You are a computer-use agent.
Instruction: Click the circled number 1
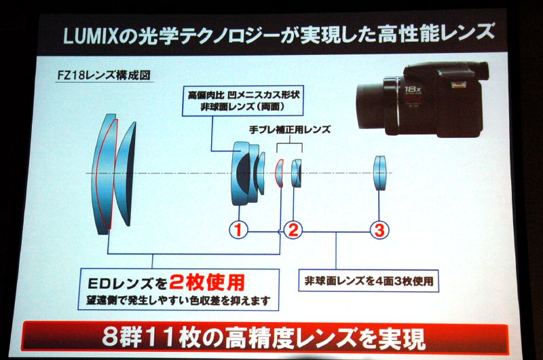click(239, 230)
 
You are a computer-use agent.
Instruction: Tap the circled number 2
click(293, 230)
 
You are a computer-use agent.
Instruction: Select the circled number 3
click(379, 230)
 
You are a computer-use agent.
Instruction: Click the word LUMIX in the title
click(91, 36)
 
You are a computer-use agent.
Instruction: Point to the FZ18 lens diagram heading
click(104, 75)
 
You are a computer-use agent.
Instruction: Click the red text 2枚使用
click(207, 283)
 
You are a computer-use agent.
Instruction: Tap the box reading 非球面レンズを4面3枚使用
click(369, 281)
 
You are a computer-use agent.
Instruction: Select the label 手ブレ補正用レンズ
click(290, 129)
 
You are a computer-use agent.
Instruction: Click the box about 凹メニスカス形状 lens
click(243, 101)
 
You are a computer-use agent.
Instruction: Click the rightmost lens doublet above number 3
click(379, 173)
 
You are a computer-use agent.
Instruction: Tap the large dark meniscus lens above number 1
click(242, 173)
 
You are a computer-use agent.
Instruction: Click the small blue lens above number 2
click(297, 173)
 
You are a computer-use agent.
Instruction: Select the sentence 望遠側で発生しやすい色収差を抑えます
click(179, 300)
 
